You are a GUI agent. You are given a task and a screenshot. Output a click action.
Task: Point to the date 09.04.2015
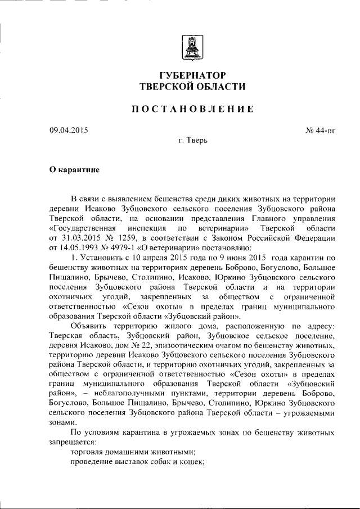pos(69,131)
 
